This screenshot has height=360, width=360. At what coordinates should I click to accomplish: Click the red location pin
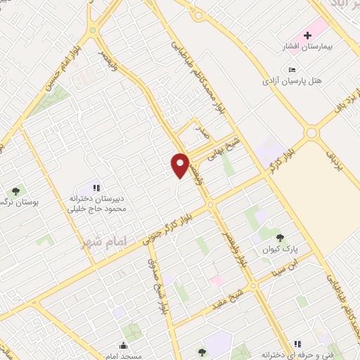(x=181, y=165)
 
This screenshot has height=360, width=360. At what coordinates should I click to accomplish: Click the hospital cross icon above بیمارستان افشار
(x=307, y=35)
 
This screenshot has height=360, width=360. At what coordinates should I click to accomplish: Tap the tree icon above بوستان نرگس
(x=15, y=191)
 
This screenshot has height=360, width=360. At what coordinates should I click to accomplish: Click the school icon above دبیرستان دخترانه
(x=97, y=188)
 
